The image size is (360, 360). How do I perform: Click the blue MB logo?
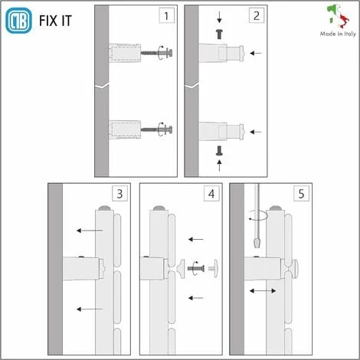coord(18,21)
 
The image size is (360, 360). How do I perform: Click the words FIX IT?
coord(55,21)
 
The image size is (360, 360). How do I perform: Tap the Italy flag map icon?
coord(338,16)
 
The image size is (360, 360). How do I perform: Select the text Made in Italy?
coord(338,34)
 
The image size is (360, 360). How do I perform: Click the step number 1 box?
coord(166,16)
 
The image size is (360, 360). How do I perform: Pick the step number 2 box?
coord(257,16)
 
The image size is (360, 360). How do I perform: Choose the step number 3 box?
coord(119,194)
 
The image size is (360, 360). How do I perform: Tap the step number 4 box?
coord(211,194)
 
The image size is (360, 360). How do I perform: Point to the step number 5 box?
coord(301,194)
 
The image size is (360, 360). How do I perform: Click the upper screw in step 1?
coord(156,53)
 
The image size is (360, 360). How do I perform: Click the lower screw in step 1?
coord(156,129)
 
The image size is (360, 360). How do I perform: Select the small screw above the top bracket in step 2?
coord(219,34)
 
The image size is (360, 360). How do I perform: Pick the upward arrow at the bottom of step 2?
coord(219,165)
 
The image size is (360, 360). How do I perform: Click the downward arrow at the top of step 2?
coord(219,18)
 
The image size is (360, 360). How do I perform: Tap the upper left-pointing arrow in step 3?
coord(90,231)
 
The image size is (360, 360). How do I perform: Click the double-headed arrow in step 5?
coord(263,291)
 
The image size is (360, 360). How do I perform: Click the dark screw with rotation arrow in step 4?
coord(196,268)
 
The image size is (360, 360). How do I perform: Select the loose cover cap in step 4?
coord(214,268)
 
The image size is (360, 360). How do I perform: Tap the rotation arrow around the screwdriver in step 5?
coord(258,216)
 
